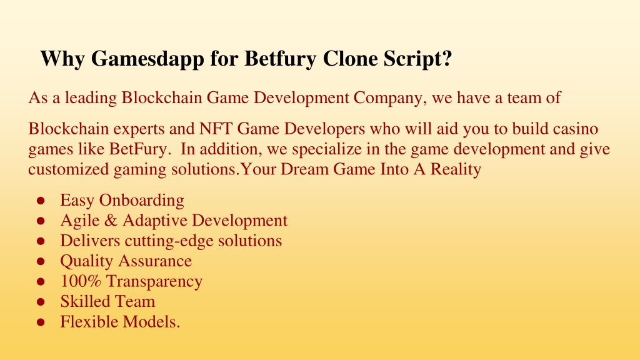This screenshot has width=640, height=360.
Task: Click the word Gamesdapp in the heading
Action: click(x=147, y=59)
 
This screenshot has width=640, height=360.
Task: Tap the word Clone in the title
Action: click(x=350, y=58)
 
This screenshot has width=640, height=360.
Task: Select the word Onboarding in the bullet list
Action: click(x=142, y=201)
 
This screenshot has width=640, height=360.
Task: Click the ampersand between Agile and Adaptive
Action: click(x=111, y=221)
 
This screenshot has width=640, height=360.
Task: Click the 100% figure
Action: click(x=81, y=281)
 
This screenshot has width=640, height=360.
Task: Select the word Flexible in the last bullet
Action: click(x=89, y=322)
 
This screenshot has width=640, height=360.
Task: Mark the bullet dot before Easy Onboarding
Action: click(x=41, y=201)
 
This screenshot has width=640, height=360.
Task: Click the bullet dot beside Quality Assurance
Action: click(x=41, y=262)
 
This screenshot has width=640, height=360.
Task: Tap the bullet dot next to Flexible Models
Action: click(x=41, y=322)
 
